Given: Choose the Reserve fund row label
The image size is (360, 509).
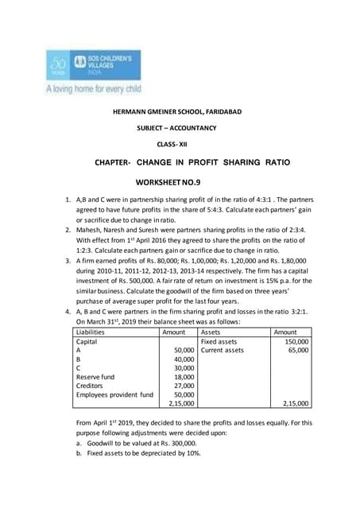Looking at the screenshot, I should tap(99, 401).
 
